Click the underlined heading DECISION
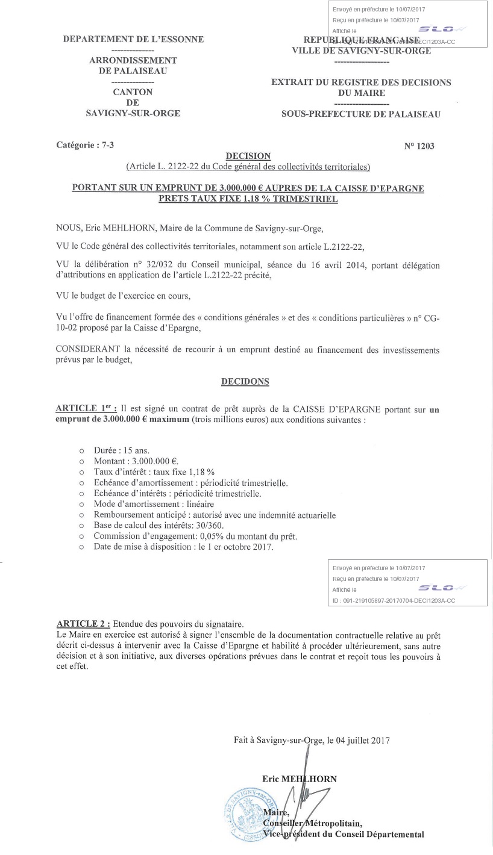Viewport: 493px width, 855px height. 248,156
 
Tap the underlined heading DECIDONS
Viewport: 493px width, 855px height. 245,382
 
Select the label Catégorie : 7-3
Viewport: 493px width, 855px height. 85,145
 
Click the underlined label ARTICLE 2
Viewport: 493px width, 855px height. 83,624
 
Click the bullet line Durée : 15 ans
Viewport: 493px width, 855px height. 121,450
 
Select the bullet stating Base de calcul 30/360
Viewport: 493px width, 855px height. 159,526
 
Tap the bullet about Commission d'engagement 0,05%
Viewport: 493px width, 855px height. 195,536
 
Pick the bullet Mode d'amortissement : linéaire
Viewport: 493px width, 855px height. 154,504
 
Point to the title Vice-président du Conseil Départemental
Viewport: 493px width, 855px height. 344,835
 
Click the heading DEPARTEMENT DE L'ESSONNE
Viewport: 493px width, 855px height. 133,40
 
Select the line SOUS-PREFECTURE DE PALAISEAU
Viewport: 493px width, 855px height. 360,114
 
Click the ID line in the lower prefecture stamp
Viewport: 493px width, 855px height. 394,600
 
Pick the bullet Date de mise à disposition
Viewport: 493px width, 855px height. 183,547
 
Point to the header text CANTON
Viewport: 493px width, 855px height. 133,92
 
